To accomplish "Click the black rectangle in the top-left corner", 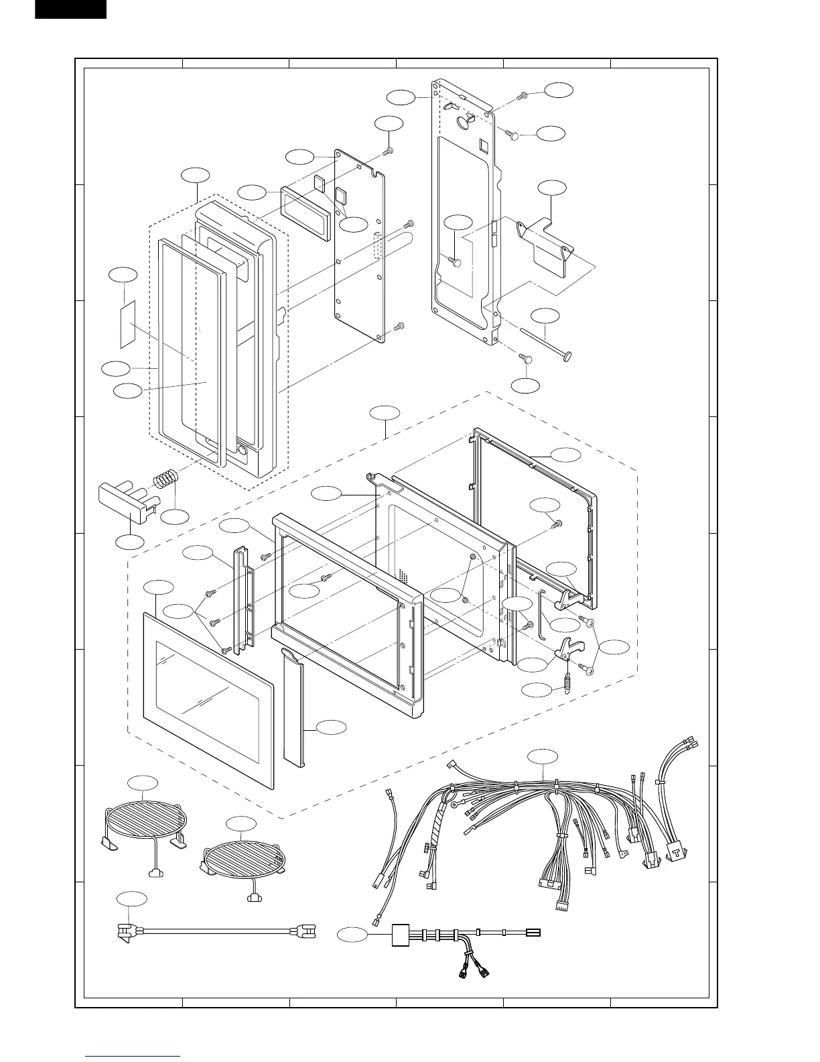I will click(70, 9).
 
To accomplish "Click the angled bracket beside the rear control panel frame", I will click(544, 245).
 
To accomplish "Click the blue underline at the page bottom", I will click(133, 1057).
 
